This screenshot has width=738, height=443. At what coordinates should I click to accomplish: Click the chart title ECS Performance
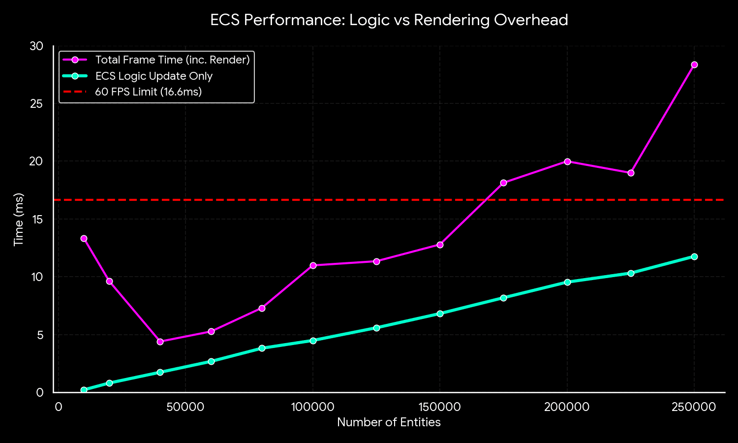389,20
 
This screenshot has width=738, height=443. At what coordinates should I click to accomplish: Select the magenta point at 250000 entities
694,65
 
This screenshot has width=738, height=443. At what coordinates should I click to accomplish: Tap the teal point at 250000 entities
694,256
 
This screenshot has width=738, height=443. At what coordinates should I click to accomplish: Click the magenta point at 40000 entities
160,342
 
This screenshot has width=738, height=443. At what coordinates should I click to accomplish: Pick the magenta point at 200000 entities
567,161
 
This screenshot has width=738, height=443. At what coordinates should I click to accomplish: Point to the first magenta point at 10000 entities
84,238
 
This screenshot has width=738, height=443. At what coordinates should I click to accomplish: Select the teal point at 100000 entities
313,341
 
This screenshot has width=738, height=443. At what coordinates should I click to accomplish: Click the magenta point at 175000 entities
503,183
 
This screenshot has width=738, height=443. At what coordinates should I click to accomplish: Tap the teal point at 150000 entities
440,314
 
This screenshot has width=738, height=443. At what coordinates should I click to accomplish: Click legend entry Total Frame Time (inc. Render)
172,60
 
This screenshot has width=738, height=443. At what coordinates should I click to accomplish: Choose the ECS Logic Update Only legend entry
154,76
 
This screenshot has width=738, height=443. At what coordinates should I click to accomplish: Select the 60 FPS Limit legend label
148,92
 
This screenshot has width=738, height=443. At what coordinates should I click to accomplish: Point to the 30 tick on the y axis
37,46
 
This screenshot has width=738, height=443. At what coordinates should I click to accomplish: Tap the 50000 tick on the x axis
185,407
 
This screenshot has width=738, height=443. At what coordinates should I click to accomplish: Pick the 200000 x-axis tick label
567,407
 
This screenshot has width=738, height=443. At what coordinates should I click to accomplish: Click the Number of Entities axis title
389,422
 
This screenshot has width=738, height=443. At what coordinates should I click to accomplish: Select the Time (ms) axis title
19,220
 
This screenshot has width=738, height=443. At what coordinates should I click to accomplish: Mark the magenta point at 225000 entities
631,173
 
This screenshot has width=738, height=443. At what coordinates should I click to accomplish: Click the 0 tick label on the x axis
59,407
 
